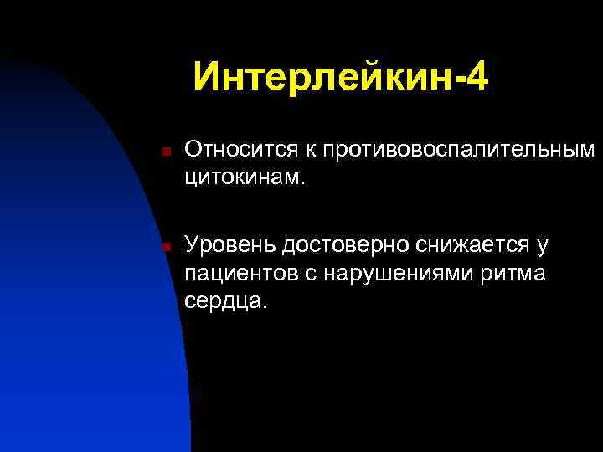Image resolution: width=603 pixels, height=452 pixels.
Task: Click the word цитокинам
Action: pyautogui.click(x=245, y=177)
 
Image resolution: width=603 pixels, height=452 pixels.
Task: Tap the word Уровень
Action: pyautogui.click(x=230, y=244)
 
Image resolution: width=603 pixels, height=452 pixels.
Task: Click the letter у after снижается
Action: pyautogui.click(x=542, y=245)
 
